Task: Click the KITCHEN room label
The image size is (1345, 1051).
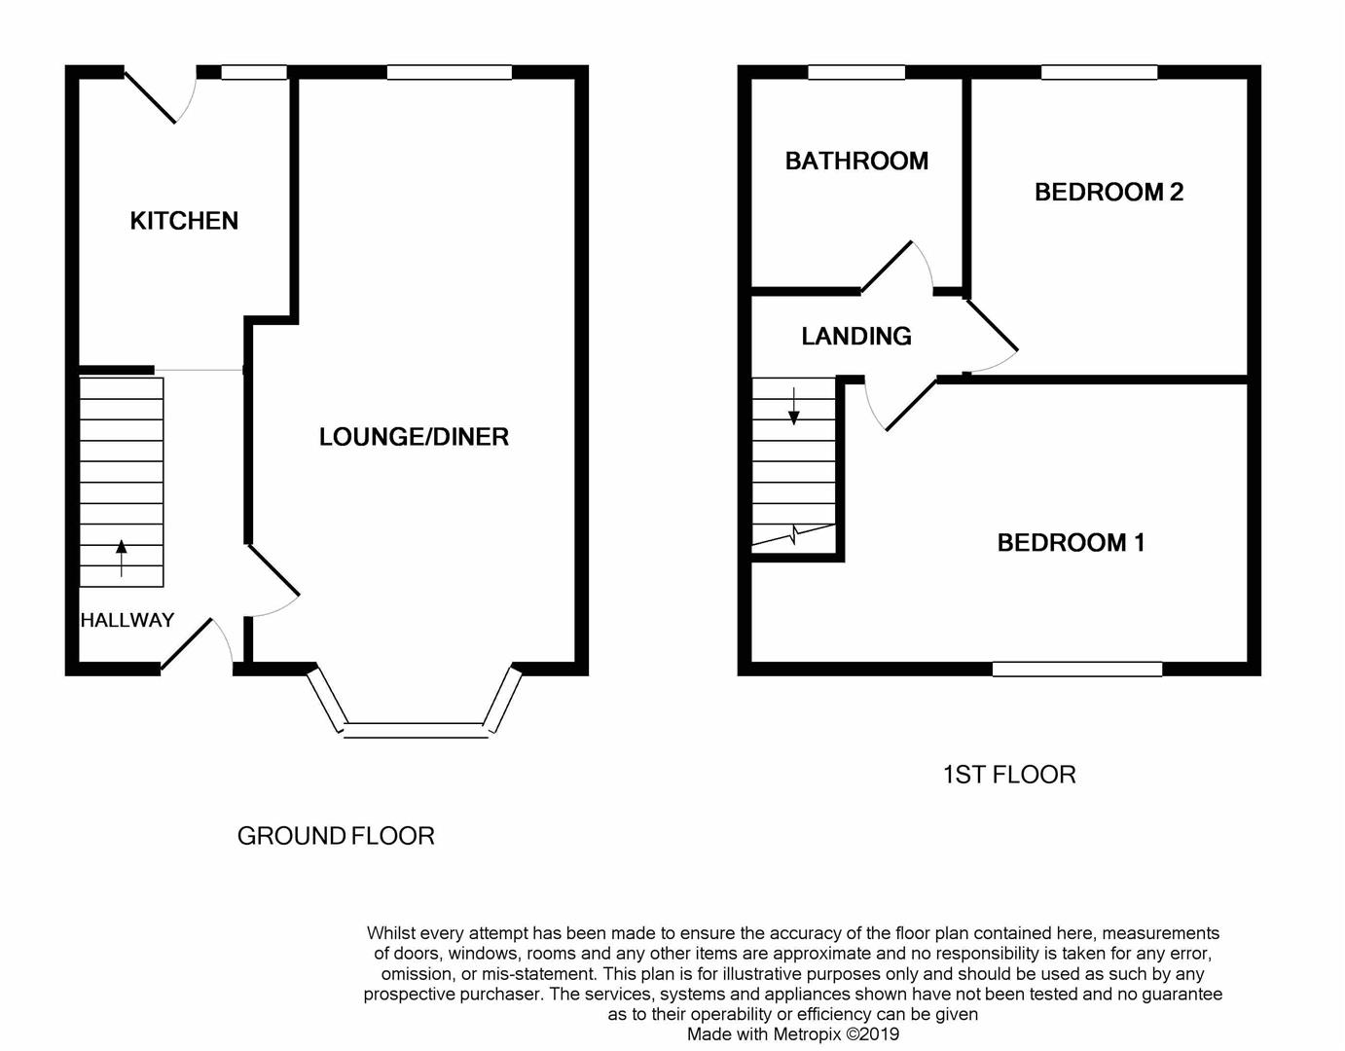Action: pyautogui.click(x=184, y=221)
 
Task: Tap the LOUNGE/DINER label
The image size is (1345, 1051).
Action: pyautogui.click(x=414, y=437)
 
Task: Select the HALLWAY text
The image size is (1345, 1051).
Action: pyautogui.click(x=127, y=620)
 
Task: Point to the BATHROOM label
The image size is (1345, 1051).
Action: pyautogui.click(x=856, y=162)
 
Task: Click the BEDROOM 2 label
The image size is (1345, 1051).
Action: pyautogui.click(x=1109, y=193)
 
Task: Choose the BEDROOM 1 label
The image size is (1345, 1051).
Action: pyautogui.click(x=1071, y=542)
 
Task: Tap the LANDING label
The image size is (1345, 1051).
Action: pyautogui.click(x=856, y=336)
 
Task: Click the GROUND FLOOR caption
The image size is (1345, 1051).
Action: pyautogui.click(x=336, y=836)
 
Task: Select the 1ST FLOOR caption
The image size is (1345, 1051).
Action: pyautogui.click(x=1009, y=775)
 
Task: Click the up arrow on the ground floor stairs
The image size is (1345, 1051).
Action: pyautogui.click(x=122, y=558)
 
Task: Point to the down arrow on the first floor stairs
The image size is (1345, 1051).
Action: pyautogui.click(x=793, y=407)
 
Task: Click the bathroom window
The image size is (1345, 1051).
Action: pyautogui.click(x=856, y=72)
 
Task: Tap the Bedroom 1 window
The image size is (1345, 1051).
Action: pyautogui.click(x=1077, y=670)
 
